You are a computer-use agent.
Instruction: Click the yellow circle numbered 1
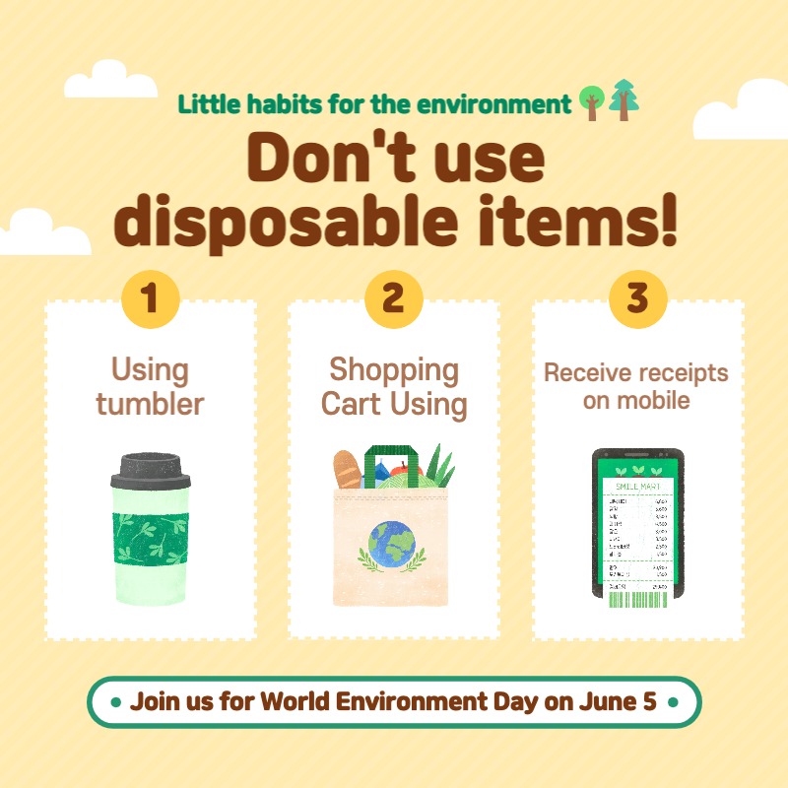coord(150,298)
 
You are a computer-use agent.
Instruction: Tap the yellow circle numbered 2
coord(393,298)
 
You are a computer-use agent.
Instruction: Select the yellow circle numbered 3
coord(637,298)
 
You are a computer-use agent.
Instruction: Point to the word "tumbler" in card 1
coord(150,404)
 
